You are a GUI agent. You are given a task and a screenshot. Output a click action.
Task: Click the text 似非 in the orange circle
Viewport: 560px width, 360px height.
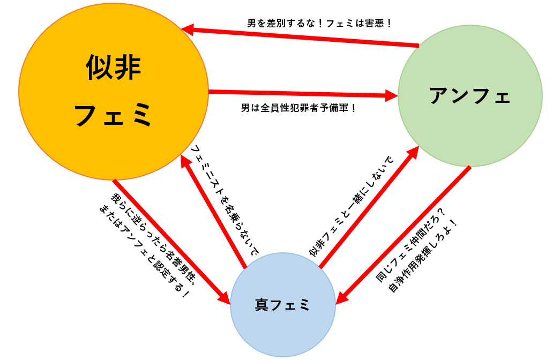[114, 68]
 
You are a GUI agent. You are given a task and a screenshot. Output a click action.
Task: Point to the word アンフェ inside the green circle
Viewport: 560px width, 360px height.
[470, 96]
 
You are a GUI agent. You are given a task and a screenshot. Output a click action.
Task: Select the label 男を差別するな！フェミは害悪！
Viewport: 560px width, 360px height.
[320, 24]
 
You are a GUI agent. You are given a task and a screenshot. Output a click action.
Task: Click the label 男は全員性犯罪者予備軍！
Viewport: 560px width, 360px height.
[299, 108]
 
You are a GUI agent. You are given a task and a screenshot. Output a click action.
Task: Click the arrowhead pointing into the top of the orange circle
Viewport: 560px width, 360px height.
[188, 29]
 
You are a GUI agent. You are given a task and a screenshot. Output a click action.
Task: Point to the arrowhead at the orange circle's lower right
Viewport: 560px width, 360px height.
[185, 160]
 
